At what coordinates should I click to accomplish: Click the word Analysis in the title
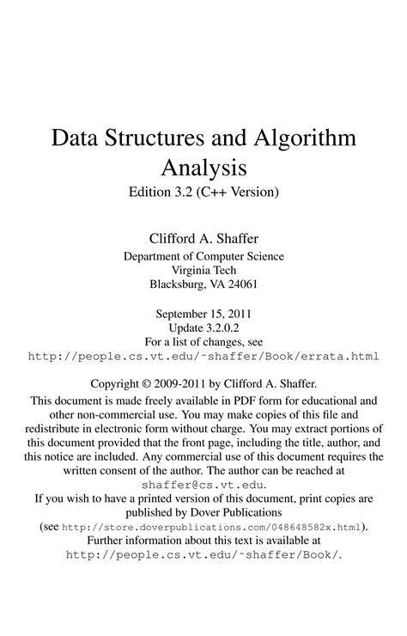click(x=203, y=166)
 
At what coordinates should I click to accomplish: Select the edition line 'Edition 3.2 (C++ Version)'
click(x=203, y=191)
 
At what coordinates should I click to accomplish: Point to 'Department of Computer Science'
click(x=203, y=256)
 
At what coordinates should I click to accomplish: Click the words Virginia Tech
click(x=203, y=270)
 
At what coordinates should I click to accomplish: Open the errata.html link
click(x=203, y=356)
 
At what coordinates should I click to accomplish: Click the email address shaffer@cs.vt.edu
click(x=203, y=485)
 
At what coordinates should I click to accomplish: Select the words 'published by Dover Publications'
click(x=203, y=511)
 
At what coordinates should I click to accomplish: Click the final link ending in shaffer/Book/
click(x=203, y=555)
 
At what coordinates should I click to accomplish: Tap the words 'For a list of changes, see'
click(x=203, y=341)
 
